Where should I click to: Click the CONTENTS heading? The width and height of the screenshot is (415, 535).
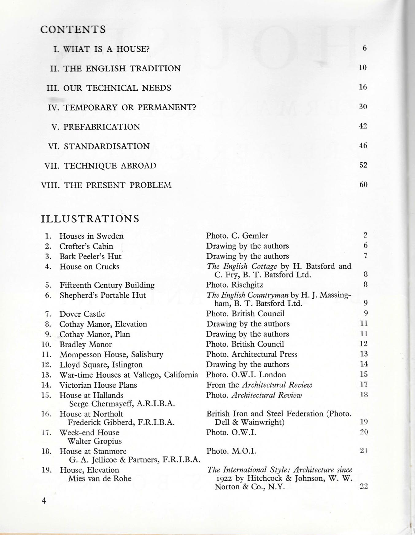point(73,29)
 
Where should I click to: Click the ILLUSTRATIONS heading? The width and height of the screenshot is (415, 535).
point(90,219)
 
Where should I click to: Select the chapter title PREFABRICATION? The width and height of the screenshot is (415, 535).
point(102,127)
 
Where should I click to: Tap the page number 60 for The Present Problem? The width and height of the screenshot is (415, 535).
point(363,185)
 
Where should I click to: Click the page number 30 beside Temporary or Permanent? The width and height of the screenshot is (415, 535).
point(363,107)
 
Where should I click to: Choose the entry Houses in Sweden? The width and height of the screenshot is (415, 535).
point(91,236)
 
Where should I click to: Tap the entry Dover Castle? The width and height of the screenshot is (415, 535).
point(82,314)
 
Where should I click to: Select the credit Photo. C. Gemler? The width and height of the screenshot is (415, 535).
point(237,236)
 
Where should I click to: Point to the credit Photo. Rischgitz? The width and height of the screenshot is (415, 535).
point(234,285)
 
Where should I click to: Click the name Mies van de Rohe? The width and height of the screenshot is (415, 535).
point(99,478)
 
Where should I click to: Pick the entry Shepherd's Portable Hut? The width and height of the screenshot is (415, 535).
point(102,295)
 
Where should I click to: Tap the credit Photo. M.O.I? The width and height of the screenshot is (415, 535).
point(231,451)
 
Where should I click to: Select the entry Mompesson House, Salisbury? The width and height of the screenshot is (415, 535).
point(111,355)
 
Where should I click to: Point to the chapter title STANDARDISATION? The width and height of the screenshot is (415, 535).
point(106,146)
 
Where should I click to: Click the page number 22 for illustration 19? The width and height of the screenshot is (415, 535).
point(363,486)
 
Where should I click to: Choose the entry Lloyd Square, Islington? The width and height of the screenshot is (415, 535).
point(101,365)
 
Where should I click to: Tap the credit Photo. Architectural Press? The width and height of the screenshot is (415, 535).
point(252,354)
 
